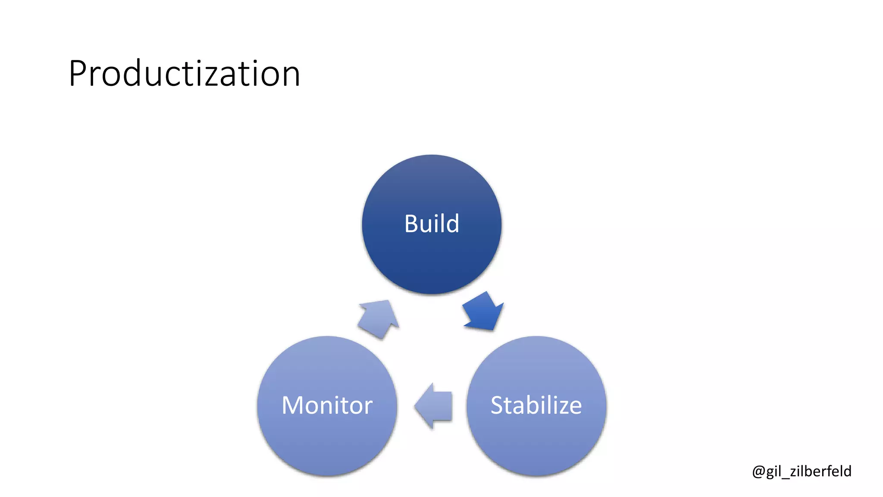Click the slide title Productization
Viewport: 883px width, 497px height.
184,74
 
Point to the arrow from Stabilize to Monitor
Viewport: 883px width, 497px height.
434,406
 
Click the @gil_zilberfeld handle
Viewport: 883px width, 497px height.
802,471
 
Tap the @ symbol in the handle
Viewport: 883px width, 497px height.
758,472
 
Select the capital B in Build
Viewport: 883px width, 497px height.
412,224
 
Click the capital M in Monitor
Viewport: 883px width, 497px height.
293,406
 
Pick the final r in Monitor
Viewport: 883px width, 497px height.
368,408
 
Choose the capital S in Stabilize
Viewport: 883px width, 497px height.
498,406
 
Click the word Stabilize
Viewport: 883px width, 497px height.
536,406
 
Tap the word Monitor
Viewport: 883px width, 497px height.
327,406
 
